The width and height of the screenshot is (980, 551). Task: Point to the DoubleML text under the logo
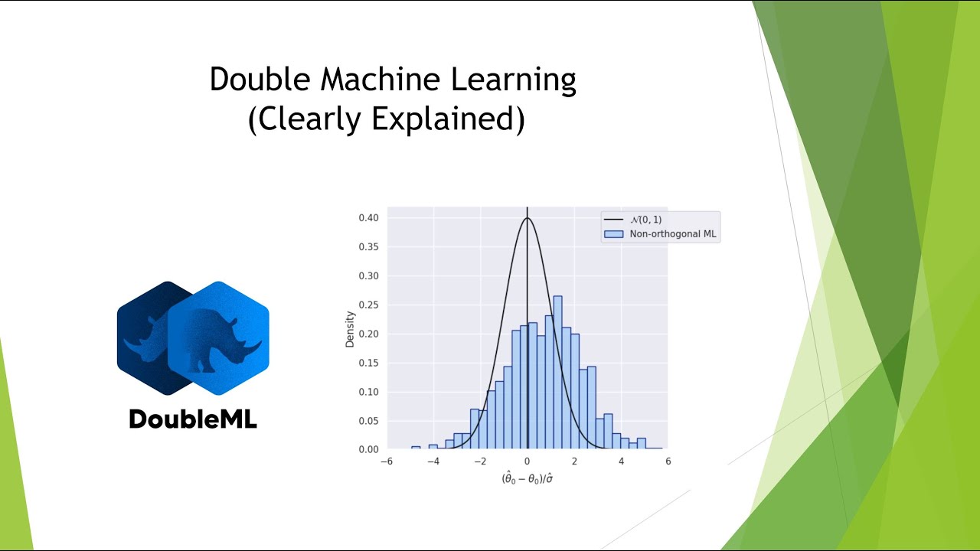point(193,419)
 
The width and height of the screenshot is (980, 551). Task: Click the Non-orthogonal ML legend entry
point(671,234)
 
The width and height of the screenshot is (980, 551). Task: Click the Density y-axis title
point(350,328)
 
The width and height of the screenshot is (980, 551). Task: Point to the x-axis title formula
point(527,479)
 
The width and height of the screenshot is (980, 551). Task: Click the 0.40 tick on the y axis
point(368,218)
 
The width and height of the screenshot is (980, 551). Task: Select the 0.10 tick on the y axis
point(368,392)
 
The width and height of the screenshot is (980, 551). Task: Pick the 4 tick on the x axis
point(621,461)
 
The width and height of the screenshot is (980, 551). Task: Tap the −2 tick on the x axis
point(479,461)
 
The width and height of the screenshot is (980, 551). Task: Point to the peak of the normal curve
point(527,219)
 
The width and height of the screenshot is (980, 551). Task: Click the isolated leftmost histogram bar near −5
point(416,448)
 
